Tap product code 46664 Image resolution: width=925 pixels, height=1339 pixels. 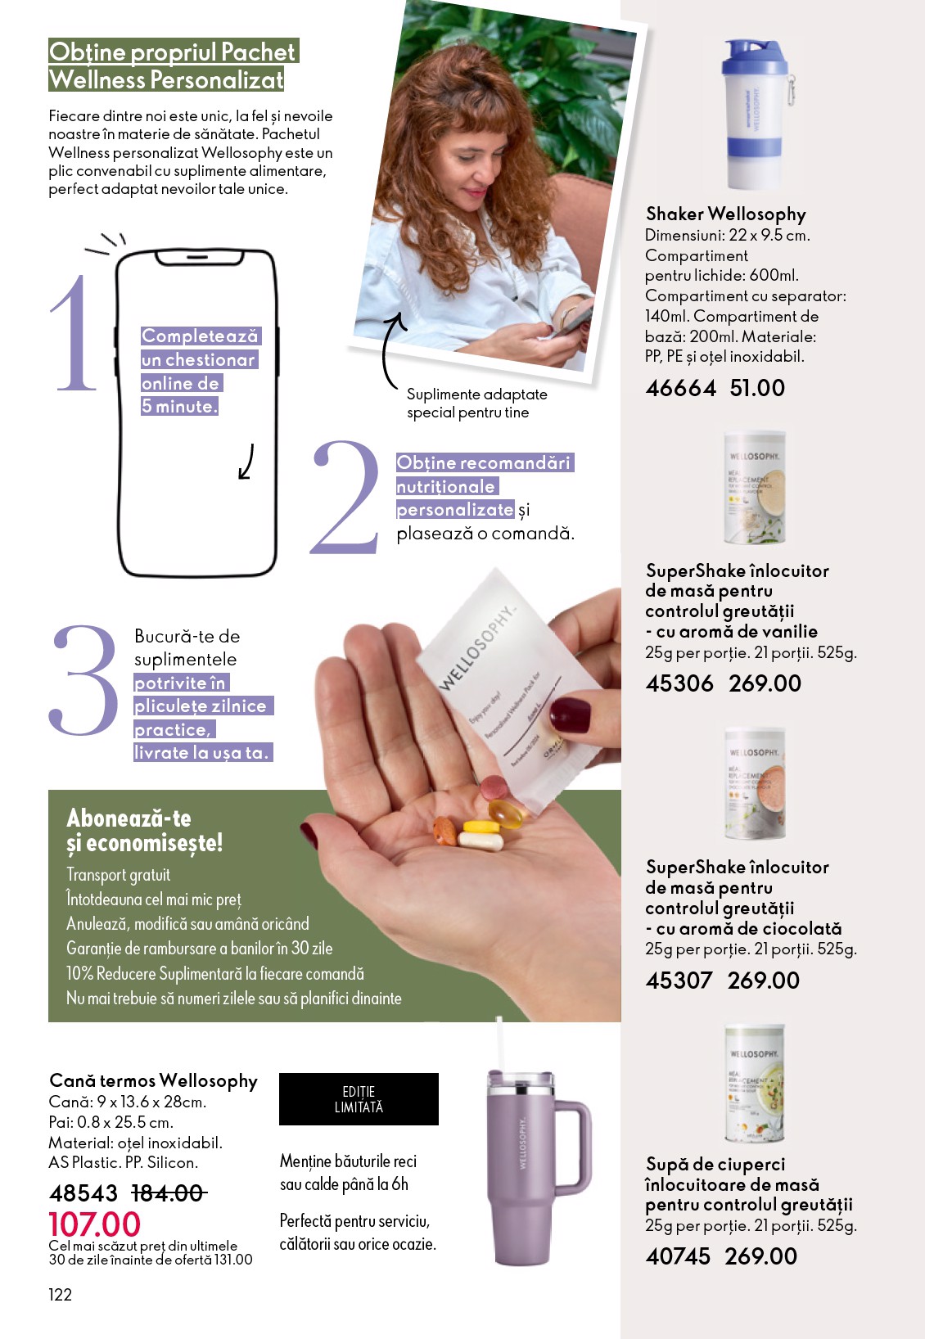click(680, 388)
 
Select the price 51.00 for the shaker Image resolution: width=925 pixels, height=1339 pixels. click(757, 388)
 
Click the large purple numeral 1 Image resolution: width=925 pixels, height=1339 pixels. click(74, 334)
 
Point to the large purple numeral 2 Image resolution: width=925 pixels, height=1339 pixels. click(346, 498)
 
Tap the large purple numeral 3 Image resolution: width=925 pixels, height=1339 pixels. click(84, 679)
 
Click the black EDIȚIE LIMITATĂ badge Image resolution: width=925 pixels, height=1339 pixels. click(359, 1099)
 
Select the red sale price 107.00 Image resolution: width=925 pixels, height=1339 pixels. click(94, 1224)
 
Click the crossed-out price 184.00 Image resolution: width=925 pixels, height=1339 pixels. click(168, 1193)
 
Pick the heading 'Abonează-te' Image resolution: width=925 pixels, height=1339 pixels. click(129, 818)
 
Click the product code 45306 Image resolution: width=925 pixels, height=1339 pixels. click(679, 683)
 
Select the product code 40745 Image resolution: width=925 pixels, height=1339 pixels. click(678, 1256)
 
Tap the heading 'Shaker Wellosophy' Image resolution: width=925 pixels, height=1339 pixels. click(725, 214)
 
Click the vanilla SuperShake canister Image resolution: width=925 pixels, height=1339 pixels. click(754, 489)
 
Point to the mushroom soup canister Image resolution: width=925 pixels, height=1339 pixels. click(754, 1084)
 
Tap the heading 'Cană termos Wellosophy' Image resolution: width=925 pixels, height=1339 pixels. click(153, 1080)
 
